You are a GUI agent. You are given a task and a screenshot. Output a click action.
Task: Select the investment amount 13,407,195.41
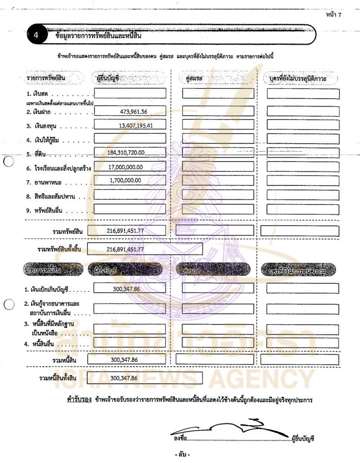(x=136, y=126)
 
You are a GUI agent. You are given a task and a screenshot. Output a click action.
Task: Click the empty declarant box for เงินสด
(x=130, y=94)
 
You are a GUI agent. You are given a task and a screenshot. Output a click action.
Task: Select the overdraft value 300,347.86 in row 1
(x=124, y=288)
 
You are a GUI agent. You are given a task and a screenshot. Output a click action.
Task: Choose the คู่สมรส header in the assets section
(x=194, y=79)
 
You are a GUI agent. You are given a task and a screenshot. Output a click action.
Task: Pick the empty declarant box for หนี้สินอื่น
(x=130, y=343)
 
